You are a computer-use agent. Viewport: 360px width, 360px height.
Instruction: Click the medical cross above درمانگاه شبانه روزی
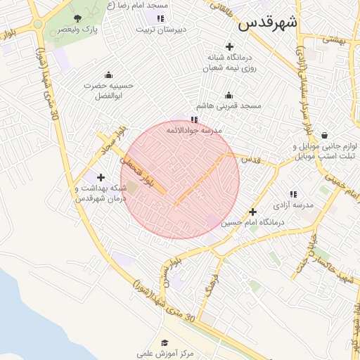coord(229,46)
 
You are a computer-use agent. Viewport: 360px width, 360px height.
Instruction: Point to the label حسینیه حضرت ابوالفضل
coord(108,89)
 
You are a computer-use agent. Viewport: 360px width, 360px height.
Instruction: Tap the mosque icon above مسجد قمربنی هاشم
coord(229,95)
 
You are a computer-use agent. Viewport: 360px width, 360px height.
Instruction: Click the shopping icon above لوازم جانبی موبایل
coord(324,135)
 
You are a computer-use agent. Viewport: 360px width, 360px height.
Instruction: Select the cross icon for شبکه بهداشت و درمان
coord(101,177)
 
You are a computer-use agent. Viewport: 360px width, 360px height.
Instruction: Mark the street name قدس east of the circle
coord(250,160)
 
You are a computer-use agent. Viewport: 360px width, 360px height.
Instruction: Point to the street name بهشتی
coord(336,40)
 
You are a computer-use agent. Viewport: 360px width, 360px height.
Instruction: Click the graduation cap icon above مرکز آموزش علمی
coord(165,342)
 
